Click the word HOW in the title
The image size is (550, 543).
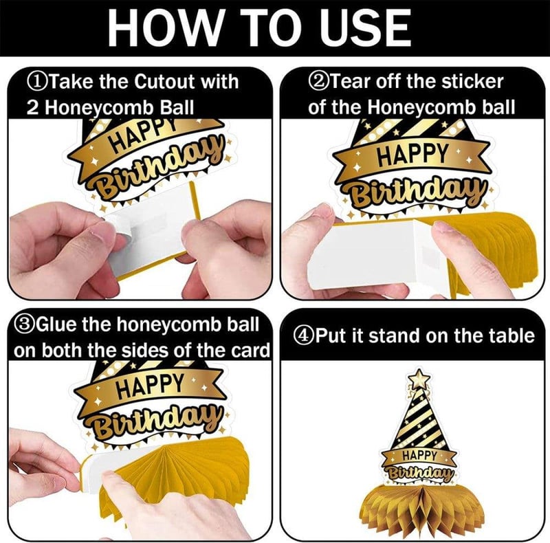click(x=164, y=27)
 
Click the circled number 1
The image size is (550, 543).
click(x=35, y=82)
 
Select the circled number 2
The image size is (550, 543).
click(x=317, y=82)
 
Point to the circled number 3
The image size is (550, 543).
click(x=23, y=325)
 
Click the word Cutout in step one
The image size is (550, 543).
click(x=164, y=82)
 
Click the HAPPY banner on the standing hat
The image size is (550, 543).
click(x=419, y=456)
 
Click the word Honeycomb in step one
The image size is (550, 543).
click(x=99, y=108)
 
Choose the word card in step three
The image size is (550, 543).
click(x=250, y=350)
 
